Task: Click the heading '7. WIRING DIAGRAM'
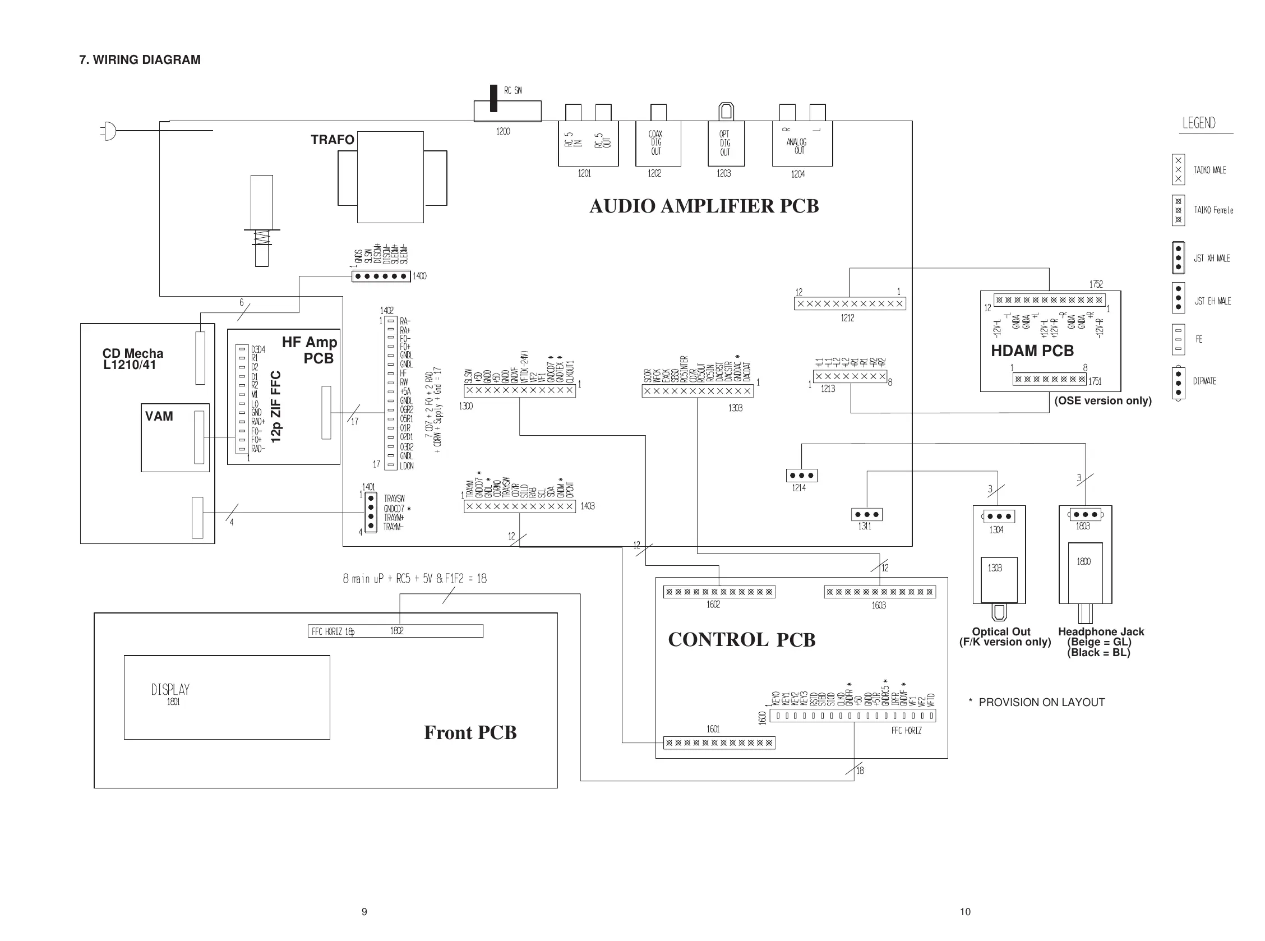click(x=140, y=60)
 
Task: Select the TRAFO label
click(x=332, y=140)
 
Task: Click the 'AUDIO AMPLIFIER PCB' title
click(x=704, y=206)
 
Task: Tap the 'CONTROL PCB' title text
click(x=742, y=640)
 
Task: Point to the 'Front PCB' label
click(x=470, y=732)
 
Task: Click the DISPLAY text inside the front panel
click(x=170, y=690)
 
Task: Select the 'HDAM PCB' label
click(x=1032, y=351)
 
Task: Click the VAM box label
click(x=159, y=417)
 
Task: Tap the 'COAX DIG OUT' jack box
click(x=657, y=143)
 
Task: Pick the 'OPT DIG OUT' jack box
click(x=726, y=143)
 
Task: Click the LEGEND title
click(x=1199, y=123)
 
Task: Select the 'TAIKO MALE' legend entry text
click(x=1209, y=170)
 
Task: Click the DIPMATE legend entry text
click(x=1204, y=381)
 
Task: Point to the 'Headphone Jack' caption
click(x=1100, y=631)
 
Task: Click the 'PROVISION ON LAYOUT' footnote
click(x=1041, y=702)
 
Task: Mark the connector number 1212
click(x=847, y=318)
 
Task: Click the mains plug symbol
click(x=109, y=131)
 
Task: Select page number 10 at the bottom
click(x=965, y=912)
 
